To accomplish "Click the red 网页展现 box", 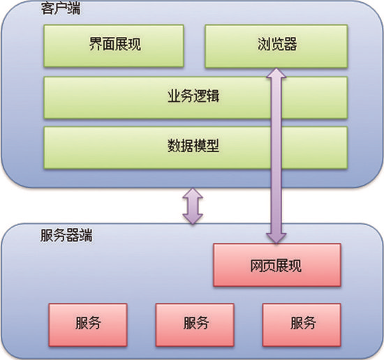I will tap(277, 264).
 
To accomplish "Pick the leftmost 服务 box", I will tap(88, 323).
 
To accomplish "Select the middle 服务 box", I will tap(195, 323).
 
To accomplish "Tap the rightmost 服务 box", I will tap(302, 323).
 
